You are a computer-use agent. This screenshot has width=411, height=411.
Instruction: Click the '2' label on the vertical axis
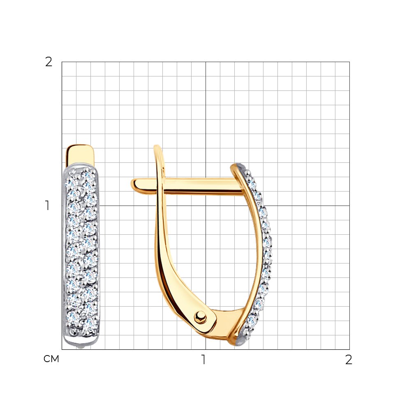pos(49,62)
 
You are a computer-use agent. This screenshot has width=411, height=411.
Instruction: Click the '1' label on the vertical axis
pos(47,205)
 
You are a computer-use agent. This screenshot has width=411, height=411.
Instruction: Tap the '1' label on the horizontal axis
pos(203,360)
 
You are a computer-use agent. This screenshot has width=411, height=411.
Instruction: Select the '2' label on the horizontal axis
pos(349,360)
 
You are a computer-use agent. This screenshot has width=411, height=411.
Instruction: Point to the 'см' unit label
pos(51,359)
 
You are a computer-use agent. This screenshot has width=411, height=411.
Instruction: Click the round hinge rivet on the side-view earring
pos(201,318)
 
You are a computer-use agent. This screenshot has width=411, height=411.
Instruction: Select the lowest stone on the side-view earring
pos(252,320)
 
